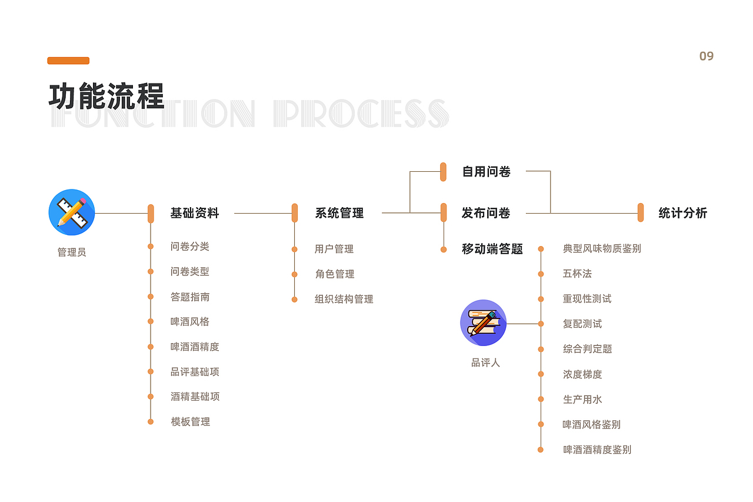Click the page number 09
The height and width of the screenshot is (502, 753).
tap(706, 56)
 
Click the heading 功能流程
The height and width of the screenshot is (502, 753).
tap(106, 96)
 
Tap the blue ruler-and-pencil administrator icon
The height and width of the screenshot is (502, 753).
tap(72, 212)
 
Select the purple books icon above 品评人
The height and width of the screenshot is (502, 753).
tap(483, 323)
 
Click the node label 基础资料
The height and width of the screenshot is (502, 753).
tap(195, 213)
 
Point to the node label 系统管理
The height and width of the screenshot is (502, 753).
tap(339, 213)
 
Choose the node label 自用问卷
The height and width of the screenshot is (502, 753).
tap(487, 172)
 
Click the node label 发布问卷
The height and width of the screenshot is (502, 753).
tap(486, 213)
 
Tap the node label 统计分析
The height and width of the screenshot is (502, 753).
tap(682, 213)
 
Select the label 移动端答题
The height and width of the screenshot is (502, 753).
tap(492, 249)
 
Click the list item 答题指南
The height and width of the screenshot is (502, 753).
tap(190, 297)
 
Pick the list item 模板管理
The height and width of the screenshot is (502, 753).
tap(191, 421)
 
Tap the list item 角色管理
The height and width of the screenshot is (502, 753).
tap(335, 274)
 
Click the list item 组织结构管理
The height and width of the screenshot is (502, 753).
tap(344, 299)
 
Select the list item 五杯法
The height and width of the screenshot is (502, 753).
tap(577, 274)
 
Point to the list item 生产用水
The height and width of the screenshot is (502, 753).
tap(582, 399)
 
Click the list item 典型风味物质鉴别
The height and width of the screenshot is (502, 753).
tap(602, 248)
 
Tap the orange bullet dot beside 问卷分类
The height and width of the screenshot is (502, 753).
tap(151, 247)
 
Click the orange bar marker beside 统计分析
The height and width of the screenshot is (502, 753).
tap(641, 212)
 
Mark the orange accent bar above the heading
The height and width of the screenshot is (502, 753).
tap(68, 61)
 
